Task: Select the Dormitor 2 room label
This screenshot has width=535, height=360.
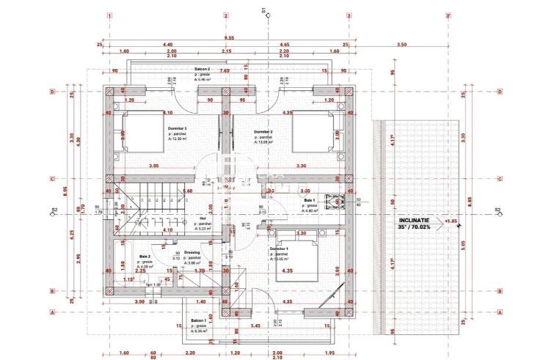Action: pyautogui.click(x=263, y=132)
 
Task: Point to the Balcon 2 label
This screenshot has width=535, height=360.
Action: pyautogui.click(x=203, y=68)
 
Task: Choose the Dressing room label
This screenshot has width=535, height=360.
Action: pyautogui.click(x=192, y=252)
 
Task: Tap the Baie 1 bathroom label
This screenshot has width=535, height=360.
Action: pyautogui.click(x=309, y=200)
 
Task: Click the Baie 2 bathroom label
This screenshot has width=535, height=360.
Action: pyautogui.click(x=145, y=257)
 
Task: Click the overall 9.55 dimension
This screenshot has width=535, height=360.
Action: pyautogui.click(x=229, y=37)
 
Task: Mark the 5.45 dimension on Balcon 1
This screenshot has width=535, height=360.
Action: pyautogui.click(x=254, y=326)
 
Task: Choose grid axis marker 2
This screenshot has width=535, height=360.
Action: pyautogui.click(x=227, y=15)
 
